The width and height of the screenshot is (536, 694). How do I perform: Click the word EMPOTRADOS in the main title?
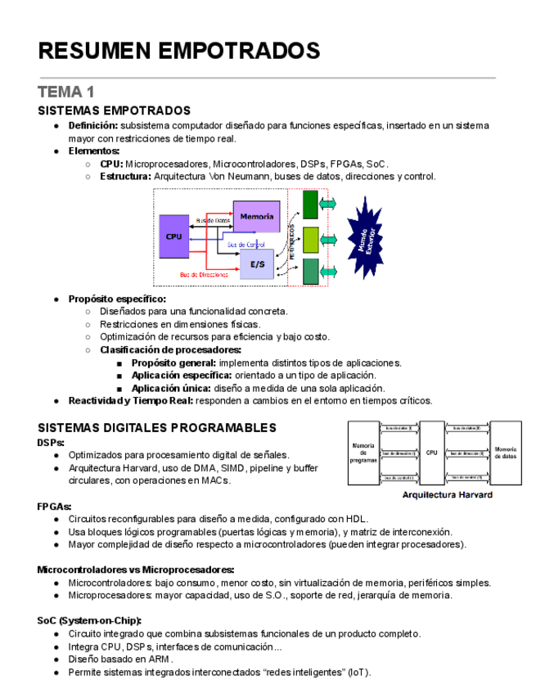pyautogui.click(x=237, y=51)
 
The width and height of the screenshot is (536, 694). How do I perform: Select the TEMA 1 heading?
pyautogui.click(x=66, y=92)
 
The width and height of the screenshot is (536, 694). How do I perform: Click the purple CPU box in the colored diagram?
pyautogui.click(x=174, y=237)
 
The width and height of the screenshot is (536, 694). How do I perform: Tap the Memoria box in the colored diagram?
pyautogui.click(x=256, y=216)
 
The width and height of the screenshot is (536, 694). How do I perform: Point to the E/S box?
pyautogui.click(x=256, y=264)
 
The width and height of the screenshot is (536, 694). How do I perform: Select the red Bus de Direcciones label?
pyautogui.click(x=205, y=275)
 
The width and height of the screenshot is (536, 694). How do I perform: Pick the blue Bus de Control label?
pyautogui.click(x=246, y=245)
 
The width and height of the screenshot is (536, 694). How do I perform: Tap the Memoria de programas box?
pyautogui.click(x=363, y=453)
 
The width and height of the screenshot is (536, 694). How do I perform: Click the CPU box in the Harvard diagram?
pyautogui.click(x=431, y=452)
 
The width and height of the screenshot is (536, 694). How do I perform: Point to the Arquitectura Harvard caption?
pyautogui.click(x=447, y=495)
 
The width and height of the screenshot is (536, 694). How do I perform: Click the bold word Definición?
pyautogui.click(x=93, y=125)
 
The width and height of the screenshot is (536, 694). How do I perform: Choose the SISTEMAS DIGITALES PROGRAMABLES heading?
pyautogui.click(x=157, y=427)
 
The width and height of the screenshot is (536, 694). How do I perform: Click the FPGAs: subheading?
pyautogui.click(x=54, y=506)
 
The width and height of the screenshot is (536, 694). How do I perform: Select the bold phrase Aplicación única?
pyautogui.click(x=171, y=388)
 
